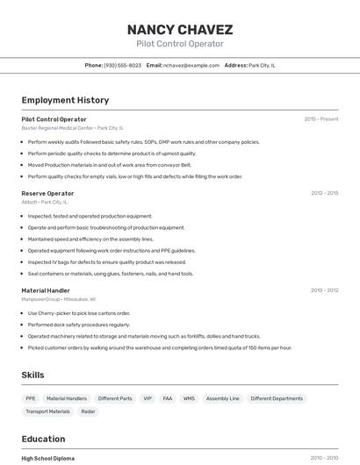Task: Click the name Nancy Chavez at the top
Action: pos(180,29)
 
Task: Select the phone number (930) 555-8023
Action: pos(122,65)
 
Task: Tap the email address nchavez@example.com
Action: pos(191,65)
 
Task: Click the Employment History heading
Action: pos(65,100)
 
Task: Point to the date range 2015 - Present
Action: pos(320,118)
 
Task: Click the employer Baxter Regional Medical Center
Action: pos(57,127)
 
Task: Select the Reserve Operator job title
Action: pos(47,193)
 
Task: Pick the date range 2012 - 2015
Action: pos(324,193)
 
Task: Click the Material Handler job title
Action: pos(46,290)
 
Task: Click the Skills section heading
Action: pos(32,375)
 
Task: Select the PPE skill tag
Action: pos(31,398)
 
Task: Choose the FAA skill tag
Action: pos(167,398)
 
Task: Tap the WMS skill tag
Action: pos(189,398)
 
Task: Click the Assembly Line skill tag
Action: pos(222,398)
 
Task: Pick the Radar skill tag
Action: pos(88,411)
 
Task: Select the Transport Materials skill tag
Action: pos(47,411)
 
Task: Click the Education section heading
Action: pos(43,439)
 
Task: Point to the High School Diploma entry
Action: pos(48,458)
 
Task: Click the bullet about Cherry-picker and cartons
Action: pos(78,313)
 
